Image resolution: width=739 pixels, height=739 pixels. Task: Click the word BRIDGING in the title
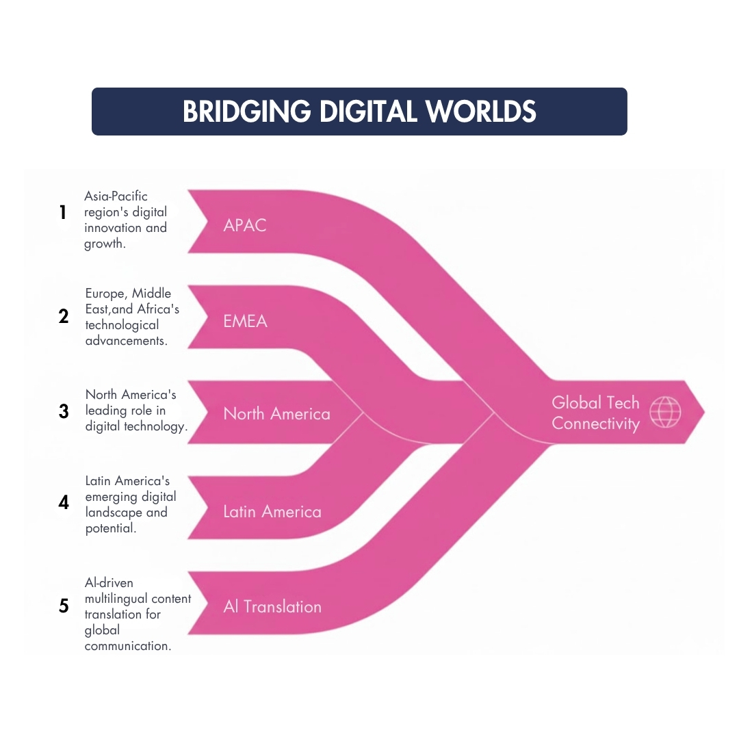(246, 112)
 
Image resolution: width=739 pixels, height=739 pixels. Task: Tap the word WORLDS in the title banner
(480, 112)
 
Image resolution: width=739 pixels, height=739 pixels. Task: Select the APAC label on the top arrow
(244, 225)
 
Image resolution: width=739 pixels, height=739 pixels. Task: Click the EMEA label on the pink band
(245, 322)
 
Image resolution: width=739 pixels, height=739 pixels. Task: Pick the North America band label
(276, 414)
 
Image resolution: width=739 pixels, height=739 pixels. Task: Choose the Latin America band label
(272, 512)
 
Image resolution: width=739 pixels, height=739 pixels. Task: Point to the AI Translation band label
(272, 606)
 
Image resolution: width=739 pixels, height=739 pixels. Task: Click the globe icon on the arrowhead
(665, 412)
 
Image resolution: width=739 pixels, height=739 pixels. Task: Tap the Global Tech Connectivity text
(596, 413)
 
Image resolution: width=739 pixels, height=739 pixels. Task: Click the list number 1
(63, 212)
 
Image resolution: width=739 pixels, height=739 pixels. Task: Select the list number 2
(64, 315)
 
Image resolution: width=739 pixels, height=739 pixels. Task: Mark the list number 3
(64, 411)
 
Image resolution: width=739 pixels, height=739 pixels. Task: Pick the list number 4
(64, 502)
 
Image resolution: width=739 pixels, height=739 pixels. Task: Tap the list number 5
(64, 606)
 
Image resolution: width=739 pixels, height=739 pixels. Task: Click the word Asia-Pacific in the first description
(116, 196)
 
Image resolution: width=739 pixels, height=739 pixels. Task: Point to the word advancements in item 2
(127, 341)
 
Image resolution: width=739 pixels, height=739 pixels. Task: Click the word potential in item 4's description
(111, 528)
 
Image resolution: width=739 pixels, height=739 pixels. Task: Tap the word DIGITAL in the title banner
(368, 112)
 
